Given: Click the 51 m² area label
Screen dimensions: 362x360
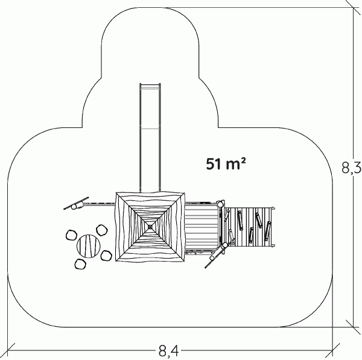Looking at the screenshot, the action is click(x=226, y=163).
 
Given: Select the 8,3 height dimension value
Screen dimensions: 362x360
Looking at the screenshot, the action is click(x=351, y=168).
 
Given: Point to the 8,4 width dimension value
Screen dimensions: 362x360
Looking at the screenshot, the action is click(x=169, y=351).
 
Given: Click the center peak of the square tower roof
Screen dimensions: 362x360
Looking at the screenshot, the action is click(x=150, y=227).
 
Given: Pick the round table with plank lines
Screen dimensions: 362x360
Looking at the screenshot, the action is click(x=89, y=246).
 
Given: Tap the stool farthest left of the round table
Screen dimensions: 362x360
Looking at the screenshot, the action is click(x=71, y=235).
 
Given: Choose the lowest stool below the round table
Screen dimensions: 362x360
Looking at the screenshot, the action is click(x=80, y=264).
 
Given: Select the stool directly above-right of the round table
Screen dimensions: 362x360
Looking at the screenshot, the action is click(x=102, y=230).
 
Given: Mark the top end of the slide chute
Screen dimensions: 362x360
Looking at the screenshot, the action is click(x=150, y=84).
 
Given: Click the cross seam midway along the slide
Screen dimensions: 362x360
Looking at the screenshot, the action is click(x=150, y=128).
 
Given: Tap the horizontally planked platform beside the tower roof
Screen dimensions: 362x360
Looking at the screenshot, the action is click(x=202, y=227).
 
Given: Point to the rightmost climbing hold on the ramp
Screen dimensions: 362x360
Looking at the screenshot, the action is click(x=267, y=231).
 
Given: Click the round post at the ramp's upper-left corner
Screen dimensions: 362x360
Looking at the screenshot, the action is click(x=220, y=204).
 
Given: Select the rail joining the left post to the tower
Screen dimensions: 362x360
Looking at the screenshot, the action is click(x=100, y=204).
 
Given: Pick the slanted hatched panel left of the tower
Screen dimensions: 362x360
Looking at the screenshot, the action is click(x=76, y=203).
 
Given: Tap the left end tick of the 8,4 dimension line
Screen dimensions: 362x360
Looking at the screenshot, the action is click(x=8, y=350).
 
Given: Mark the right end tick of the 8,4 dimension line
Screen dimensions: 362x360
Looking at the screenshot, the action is click(x=332, y=350).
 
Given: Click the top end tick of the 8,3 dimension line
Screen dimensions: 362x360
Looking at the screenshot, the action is click(x=353, y=7).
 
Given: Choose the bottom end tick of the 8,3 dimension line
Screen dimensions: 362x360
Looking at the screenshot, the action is click(x=353, y=327).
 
